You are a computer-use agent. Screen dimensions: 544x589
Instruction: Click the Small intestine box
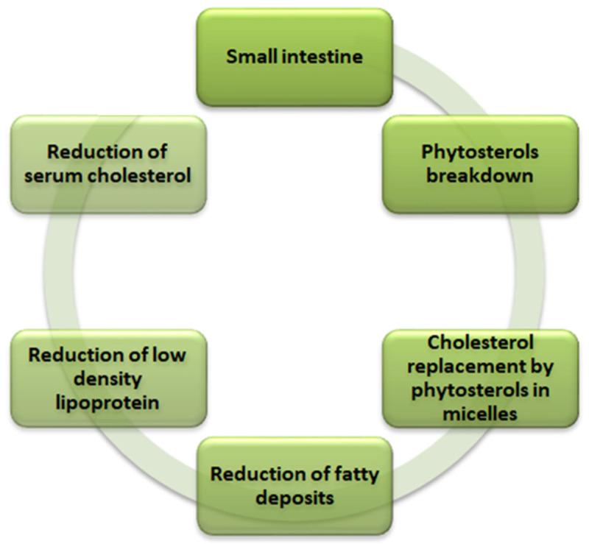click(x=294, y=56)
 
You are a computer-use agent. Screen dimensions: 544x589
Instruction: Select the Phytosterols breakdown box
click(x=479, y=163)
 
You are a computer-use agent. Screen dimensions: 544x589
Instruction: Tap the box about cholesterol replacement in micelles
click(x=479, y=378)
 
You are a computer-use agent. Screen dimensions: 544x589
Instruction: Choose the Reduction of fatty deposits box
click(x=294, y=485)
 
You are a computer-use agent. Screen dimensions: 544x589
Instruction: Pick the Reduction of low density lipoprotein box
click(x=107, y=378)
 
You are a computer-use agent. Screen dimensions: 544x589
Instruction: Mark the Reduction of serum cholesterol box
click(x=107, y=163)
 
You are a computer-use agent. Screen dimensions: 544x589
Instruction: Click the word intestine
click(x=325, y=57)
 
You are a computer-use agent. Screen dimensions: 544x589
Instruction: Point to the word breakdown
click(x=479, y=177)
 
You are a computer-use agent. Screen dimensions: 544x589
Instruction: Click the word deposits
click(x=294, y=498)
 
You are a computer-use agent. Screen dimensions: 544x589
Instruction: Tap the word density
click(x=107, y=378)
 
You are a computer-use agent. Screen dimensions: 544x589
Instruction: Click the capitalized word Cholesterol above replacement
click(x=479, y=342)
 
